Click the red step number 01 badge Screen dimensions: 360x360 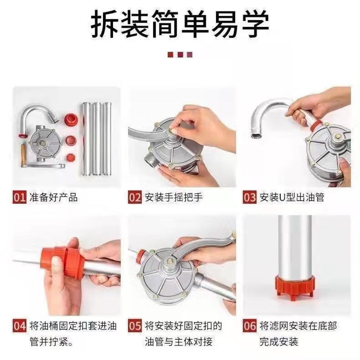point(19,197)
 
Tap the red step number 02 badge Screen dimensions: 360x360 point(135,197)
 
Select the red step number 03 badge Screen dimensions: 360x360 point(250,197)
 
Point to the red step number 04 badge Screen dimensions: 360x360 point(19,326)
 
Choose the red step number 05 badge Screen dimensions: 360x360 point(135,326)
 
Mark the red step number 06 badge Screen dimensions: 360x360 point(250,326)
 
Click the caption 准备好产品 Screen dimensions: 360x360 point(54,197)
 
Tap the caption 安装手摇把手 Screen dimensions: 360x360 point(174,197)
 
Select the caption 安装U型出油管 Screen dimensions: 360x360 point(292,197)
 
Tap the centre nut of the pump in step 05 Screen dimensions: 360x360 point(170,261)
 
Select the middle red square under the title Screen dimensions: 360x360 point(180,54)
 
